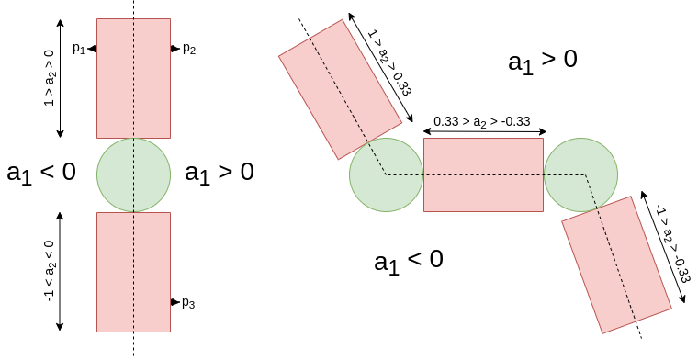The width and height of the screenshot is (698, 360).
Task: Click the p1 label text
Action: tap(79, 50)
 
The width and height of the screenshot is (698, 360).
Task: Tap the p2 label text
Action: tap(189, 50)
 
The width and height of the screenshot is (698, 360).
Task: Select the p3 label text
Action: tap(188, 302)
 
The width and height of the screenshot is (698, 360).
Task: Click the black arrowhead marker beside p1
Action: tap(93, 50)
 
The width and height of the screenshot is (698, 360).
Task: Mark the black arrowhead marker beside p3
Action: tap(174, 302)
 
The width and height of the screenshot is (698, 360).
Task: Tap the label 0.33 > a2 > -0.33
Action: tap(483, 121)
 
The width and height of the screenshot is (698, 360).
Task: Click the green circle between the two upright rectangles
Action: tap(133, 174)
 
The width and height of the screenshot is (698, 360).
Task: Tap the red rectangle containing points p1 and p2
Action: tap(133, 78)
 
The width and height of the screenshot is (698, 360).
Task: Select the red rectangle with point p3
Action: tap(133, 271)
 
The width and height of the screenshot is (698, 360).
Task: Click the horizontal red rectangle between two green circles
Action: tap(483, 174)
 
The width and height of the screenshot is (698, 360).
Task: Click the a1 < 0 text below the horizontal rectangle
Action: tap(409, 261)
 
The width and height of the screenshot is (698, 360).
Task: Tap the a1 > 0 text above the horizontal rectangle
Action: tap(543, 62)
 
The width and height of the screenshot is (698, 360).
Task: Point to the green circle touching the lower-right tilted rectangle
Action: tap(580, 174)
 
